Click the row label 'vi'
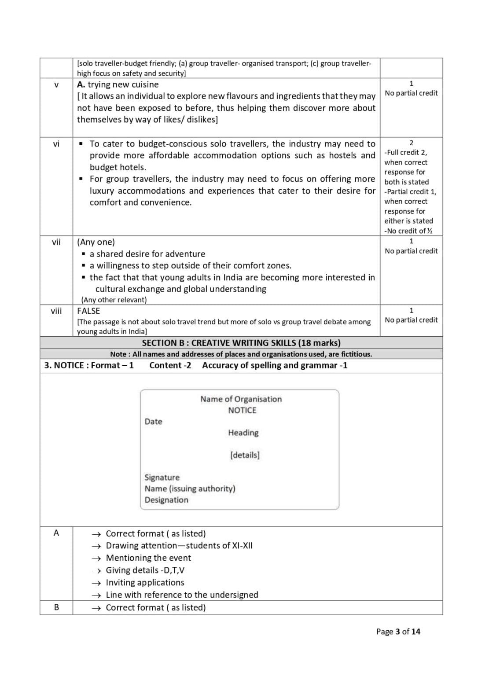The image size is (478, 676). pyautogui.click(x=56, y=144)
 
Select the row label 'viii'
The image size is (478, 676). pyautogui.click(x=56, y=311)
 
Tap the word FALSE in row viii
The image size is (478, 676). pyautogui.click(x=88, y=311)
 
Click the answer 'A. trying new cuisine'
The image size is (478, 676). pyautogui.click(x=118, y=84)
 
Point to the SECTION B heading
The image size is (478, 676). pyautogui.click(x=241, y=343)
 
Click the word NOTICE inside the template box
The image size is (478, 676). pyautogui.click(x=242, y=410)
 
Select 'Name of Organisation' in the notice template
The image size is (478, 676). pyautogui.click(x=241, y=399)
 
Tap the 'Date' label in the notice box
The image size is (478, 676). pyautogui.click(x=153, y=422)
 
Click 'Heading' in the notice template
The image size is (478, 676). pyautogui.click(x=243, y=433)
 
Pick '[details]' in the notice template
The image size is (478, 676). pyautogui.click(x=245, y=455)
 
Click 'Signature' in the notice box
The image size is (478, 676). pyautogui.click(x=162, y=478)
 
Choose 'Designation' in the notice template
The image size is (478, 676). pyautogui.click(x=166, y=500)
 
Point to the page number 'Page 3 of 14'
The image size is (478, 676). pyautogui.click(x=398, y=632)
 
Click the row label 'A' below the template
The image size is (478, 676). pyautogui.click(x=56, y=533)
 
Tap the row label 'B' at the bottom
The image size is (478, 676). pyautogui.click(x=56, y=607)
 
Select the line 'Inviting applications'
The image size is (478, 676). pyautogui.click(x=145, y=582)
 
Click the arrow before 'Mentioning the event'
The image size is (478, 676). pyautogui.click(x=96, y=558)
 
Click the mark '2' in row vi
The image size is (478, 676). pyautogui.click(x=411, y=143)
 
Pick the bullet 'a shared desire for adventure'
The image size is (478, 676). pyautogui.click(x=147, y=254)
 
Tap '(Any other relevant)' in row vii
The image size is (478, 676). pyautogui.click(x=114, y=300)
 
